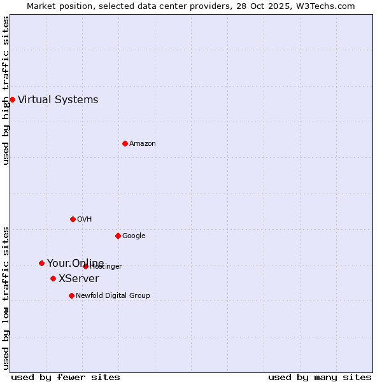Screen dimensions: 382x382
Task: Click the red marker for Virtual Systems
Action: pos(12,99)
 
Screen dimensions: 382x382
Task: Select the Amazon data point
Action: pos(125,143)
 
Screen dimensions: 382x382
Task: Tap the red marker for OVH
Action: pos(73,219)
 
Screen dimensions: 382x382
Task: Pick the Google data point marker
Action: pos(118,236)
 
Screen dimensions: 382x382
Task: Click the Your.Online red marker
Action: pos(41,263)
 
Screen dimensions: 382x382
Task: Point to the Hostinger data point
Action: pos(85,266)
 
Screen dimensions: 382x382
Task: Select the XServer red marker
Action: pos(53,278)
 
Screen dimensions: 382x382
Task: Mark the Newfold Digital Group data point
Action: pos(71,295)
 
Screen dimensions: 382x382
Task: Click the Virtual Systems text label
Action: pos(58,99)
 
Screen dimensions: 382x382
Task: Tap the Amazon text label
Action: pos(143,143)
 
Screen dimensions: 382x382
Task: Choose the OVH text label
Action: pos(85,219)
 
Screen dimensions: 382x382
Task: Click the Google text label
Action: pos(134,236)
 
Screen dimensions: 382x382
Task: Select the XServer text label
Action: pos(79,278)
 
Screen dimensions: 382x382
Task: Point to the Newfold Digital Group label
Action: pos(113,295)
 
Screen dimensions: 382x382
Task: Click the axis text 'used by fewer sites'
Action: pos(66,377)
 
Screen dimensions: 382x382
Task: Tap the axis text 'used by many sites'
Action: pos(320,377)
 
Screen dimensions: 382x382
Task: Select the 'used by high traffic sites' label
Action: pos(6,90)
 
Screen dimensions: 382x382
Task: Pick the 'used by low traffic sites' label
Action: pos(6,297)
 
